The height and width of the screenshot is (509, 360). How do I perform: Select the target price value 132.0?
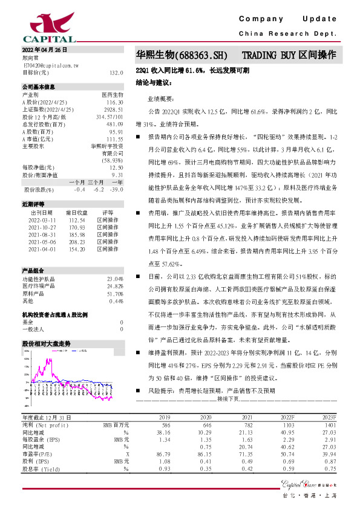[116, 73]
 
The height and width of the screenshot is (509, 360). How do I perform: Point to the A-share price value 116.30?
[114, 103]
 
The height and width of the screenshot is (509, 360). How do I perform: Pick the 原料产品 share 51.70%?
[114, 293]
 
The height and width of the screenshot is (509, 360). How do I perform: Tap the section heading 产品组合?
[33, 270]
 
